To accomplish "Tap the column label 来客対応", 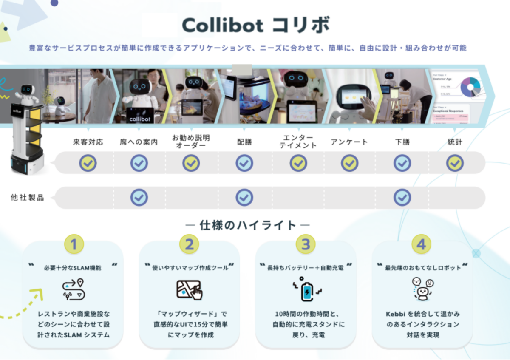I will pyautogui.click(x=88, y=142).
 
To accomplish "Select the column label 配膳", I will pyautogui.click(x=244, y=142).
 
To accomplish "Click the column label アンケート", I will pyautogui.click(x=349, y=142).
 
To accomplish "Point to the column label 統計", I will pyautogui.click(x=455, y=142).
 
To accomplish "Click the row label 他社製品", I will pyautogui.click(x=27, y=198).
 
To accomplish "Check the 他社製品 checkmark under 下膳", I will pyautogui.click(x=402, y=197).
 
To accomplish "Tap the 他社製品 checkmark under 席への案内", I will pyautogui.click(x=139, y=197).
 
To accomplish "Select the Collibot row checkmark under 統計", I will pyautogui.click(x=455, y=163).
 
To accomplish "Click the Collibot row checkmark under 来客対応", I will pyautogui.click(x=88, y=163).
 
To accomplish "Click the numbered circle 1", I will pyautogui.click(x=74, y=244).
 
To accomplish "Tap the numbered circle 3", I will pyautogui.click(x=306, y=244).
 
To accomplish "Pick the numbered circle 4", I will pyautogui.click(x=421, y=244).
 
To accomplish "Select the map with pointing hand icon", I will pyautogui.click(x=190, y=290).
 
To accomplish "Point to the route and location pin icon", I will pyautogui.click(x=74, y=290).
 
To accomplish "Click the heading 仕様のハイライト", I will pyautogui.click(x=248, y=225).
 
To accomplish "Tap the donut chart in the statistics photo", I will pyautogui.click(x=470, y=87).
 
